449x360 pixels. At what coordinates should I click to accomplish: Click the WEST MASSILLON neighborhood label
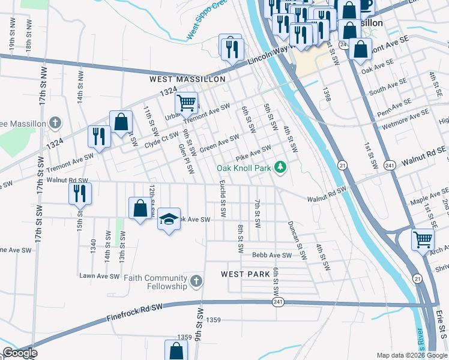187,79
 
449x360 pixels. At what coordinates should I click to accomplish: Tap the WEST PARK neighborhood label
241,274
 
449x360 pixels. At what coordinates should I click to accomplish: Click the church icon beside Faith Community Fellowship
196,281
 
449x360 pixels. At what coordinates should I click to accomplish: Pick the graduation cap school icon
169,220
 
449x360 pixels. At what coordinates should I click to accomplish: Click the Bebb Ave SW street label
271,255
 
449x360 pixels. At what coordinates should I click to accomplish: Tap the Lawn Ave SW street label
100,276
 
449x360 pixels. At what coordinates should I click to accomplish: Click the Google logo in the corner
19,353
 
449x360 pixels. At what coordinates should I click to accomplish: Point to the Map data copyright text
412,355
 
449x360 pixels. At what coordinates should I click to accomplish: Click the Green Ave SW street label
220,144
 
